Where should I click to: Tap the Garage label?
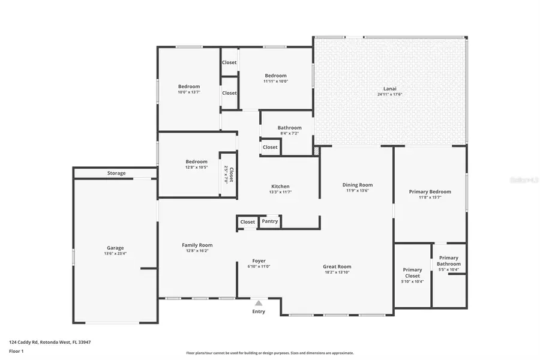(x=115, y=248)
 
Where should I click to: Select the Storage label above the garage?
(x=116, y=173)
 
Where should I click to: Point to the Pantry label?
(x=270, y=221)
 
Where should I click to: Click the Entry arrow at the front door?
(x=259, y=303)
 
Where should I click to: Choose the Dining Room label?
(x=358, y=185)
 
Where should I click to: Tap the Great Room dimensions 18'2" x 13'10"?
(x=337, y=272)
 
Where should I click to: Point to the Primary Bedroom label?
(x=430, y=192)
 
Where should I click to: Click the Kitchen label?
(x=280, y=187)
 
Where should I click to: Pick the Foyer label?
(x=259, y=261)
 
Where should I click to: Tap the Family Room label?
(x=197, y=245)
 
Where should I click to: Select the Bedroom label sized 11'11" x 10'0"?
(x=276, y=76)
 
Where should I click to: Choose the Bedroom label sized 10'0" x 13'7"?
(x=189, y=86)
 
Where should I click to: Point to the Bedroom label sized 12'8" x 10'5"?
(x=196, y=161)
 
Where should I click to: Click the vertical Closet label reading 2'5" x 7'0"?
(x=229, y=174)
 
